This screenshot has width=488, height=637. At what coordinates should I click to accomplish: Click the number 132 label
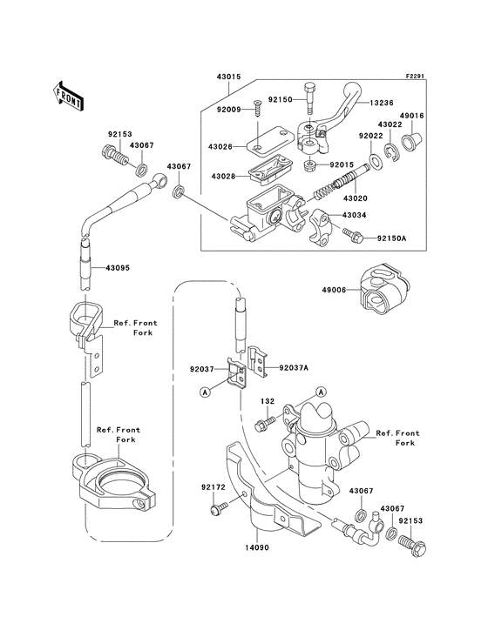click(x=268, y=401)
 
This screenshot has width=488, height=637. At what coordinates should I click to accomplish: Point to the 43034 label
click(x=377, y=215)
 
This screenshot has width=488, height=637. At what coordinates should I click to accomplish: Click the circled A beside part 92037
click(x=206, y=392)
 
